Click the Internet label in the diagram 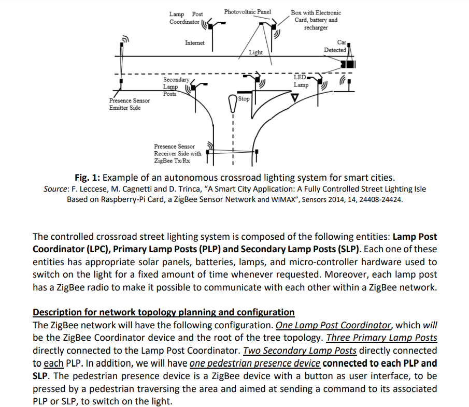click(x=194, y=43)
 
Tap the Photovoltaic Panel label click(x=248, y=11)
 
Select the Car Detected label click(x=335, y=46)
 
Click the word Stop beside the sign click(x=244, y=98)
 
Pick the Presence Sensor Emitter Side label click(x=129, y=104)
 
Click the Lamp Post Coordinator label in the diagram click(x=185, y=18)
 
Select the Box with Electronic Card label click(x=316, y=20)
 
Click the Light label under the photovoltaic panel click(x=255, y=52)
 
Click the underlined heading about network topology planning click(x=163, y=312)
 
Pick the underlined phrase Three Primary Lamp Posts click(x=381, y=338)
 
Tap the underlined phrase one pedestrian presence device click(x=255, y=363)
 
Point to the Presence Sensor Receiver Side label click(x=177, y=153)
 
